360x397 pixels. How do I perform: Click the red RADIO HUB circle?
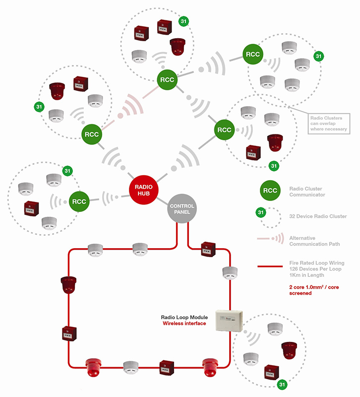143,190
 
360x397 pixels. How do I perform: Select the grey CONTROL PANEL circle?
182,209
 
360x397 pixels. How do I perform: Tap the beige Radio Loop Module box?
229,320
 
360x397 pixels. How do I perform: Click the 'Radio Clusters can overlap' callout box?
329,124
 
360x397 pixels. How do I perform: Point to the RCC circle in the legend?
270,191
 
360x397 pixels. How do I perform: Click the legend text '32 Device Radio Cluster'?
318,216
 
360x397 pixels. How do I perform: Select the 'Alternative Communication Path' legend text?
314,241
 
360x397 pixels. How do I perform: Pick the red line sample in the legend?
270,266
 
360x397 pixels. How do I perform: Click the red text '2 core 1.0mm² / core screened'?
314,290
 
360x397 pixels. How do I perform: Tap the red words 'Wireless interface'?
184,324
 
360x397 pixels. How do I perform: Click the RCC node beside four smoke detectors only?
253,54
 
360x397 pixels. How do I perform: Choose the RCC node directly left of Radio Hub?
79,201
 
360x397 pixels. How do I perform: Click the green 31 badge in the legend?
261,212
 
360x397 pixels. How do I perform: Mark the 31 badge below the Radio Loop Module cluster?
282,385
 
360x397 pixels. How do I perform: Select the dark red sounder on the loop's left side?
68,285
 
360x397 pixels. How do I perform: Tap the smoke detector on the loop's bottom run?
131,367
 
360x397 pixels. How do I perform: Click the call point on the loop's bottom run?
167,368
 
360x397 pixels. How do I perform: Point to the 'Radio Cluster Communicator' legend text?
307,192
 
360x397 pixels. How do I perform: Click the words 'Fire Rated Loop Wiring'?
317,263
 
